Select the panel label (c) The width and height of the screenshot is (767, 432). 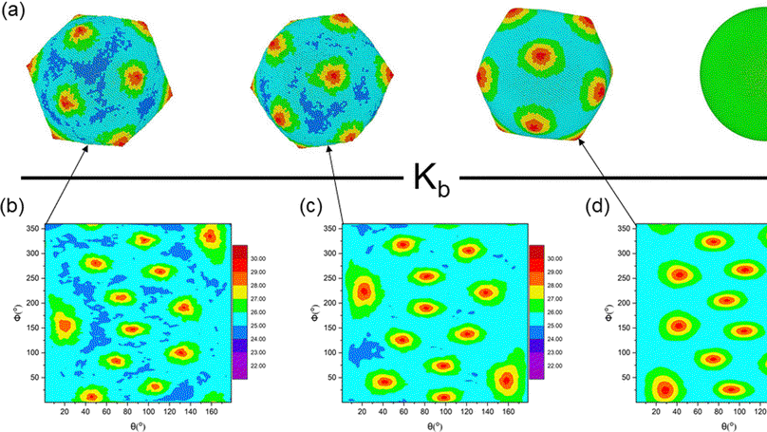point(309,205)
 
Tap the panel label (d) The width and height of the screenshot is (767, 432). point(604,205)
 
